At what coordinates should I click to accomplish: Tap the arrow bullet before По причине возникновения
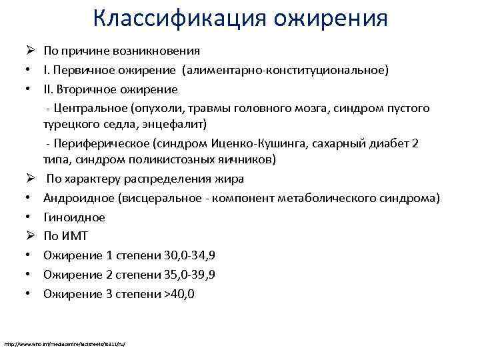tap(30, 51)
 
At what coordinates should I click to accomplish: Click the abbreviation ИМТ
tap(75, 236)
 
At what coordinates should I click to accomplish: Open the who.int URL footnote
tap(65, 344)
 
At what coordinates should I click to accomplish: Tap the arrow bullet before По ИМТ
tap(30, 236)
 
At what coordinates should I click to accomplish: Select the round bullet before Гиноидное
tap(30, 217)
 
